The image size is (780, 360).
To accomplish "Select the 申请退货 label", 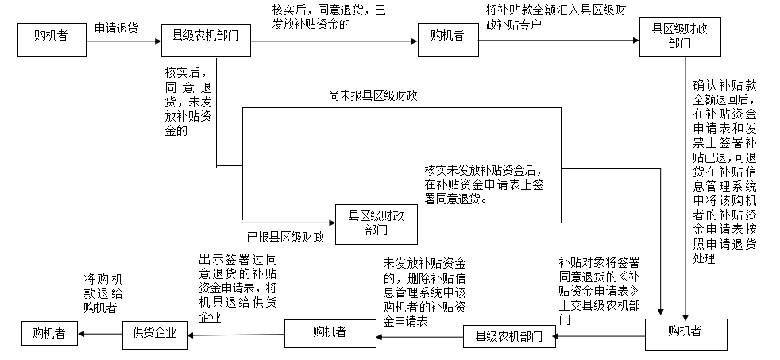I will coord(116,28).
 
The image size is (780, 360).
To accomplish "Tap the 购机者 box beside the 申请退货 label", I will coord(51,38).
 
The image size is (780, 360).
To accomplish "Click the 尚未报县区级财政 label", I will coord(373,96).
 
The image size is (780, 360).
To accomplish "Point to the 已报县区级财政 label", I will coord(285,237).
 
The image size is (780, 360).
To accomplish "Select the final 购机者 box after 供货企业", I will coord(49,333).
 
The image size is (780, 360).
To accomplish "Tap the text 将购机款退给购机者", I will coord(102,293).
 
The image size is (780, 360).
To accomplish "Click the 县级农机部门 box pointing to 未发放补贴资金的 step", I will coord(508,337).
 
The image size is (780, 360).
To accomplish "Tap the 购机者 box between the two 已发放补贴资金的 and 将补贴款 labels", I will coord(447,37).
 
